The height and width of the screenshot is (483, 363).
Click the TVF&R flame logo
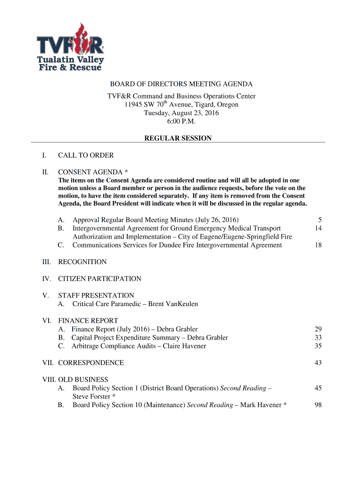click(x=70, y=47)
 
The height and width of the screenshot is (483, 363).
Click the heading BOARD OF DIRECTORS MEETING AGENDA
click(x=181, y=84)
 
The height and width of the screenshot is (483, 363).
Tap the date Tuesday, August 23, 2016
click(x=181, y=113)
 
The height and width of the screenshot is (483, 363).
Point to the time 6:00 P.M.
click(x=181, y=122)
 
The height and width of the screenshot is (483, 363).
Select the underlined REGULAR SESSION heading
click(x=178, y=138)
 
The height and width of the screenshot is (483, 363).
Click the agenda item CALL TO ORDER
click(x=86, y=155)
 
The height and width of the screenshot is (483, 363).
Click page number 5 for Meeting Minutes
click(x=320, y=220)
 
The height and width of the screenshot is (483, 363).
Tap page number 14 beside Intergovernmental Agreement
click(x=318, y=228)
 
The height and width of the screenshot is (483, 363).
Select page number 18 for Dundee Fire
click(x=318, y=245)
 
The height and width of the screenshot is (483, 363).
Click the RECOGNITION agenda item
click(x=82, y=262)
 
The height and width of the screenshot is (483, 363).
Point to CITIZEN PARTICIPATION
click(x=99, y=279)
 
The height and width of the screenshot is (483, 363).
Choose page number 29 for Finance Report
click(x=318, y=329)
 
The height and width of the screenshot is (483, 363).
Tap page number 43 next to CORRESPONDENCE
click(x=318, y=363)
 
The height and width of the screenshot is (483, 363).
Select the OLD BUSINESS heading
click(x=83, y=380)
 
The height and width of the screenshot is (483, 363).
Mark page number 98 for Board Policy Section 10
click(x=318, y=405)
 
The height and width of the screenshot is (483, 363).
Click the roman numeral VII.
click(x=48, y=363)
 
